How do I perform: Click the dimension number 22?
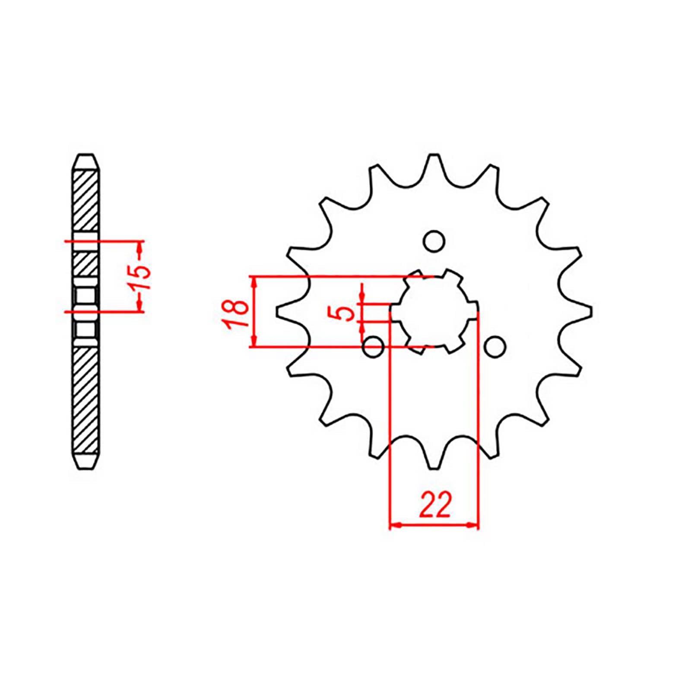pos(435,504)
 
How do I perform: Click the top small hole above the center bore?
pos(434,241)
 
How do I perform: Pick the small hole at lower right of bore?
pos(494,346)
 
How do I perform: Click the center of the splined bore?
pos(434,312)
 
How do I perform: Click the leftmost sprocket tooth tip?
pos(278,312)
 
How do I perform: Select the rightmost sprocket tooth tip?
pos(590,312)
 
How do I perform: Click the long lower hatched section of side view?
pos(86,399)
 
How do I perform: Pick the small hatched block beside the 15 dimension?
pos(86,264)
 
